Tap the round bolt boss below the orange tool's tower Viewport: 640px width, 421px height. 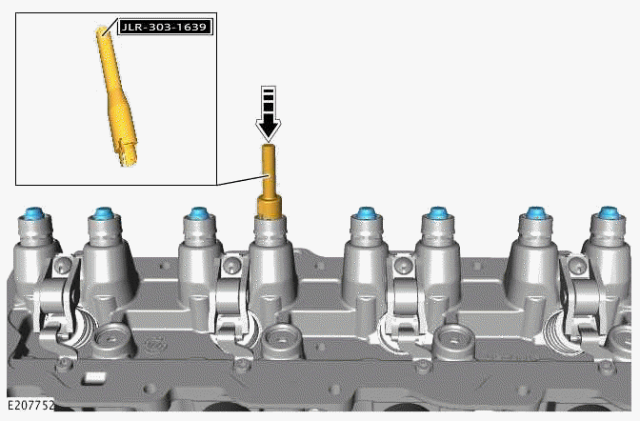280,334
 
